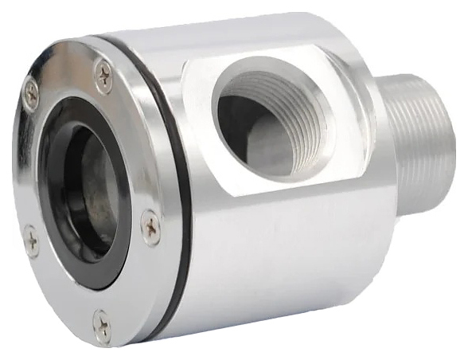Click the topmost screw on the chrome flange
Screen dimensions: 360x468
[x=103, y=76]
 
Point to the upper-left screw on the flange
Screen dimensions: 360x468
[x=30, y=92]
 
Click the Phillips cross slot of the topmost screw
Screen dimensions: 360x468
[x=103, y=76]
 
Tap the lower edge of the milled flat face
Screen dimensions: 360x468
[x=263, y=194]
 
